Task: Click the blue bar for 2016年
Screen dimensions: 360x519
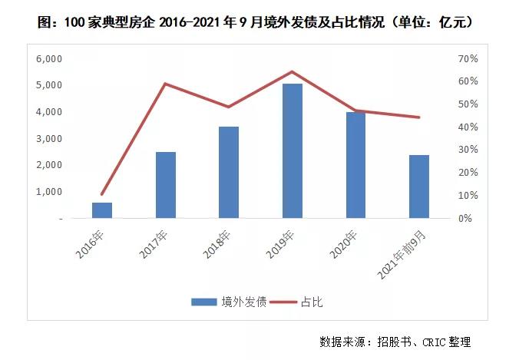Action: click(x=102, y=210)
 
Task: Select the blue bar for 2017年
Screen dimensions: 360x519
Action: click(x=166, y=185)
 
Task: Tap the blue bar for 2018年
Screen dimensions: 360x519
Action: click(x=229, y=173)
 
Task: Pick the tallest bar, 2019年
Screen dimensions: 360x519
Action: click(x=293, y=151)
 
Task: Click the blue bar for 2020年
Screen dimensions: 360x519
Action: click(x=355, y=165)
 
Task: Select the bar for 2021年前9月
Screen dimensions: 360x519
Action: click(x=418, y=187)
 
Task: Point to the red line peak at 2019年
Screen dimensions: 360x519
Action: click(x=293, y=71)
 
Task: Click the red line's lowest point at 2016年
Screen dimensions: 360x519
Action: click(x=102, y=194)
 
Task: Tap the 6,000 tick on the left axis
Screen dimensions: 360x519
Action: click(x=49, y=58)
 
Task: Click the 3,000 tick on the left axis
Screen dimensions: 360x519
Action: click(x=49, y=138)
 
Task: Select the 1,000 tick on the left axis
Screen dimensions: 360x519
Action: click(x=49, y=192)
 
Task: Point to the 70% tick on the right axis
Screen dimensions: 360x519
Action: click(x=468, y=58)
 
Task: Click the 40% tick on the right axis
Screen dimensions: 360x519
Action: click(x=468, y=127)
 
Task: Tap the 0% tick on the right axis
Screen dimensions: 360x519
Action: click(x=470, y=218)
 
